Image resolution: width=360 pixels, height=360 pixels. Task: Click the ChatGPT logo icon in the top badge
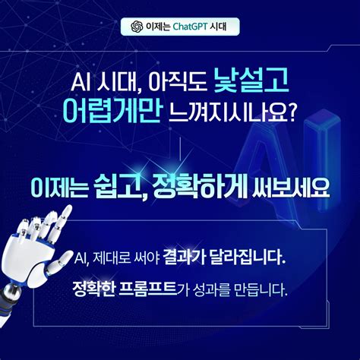tap(137, 27)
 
